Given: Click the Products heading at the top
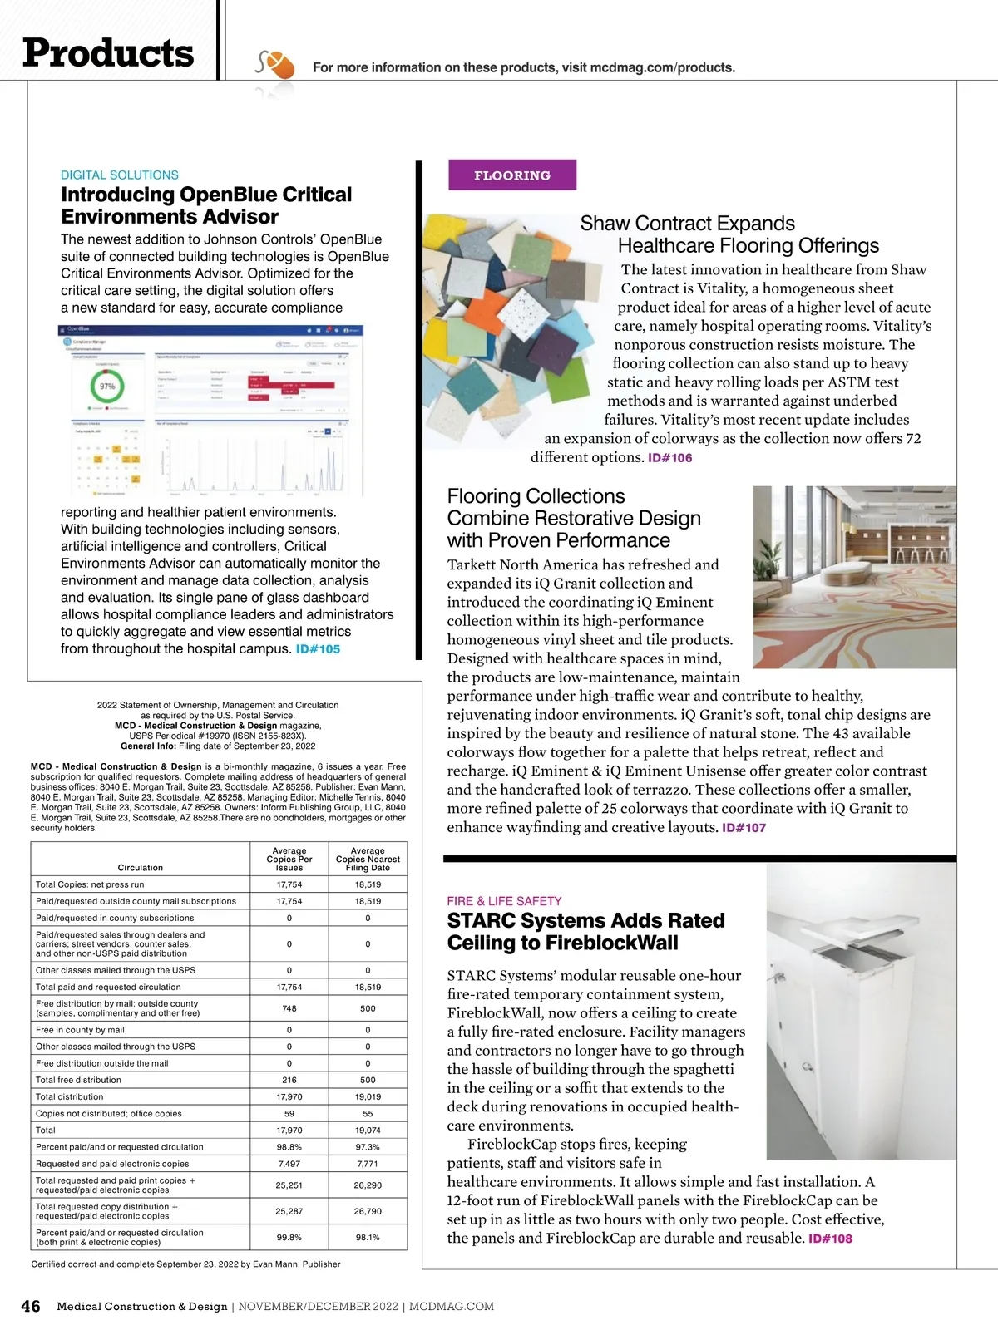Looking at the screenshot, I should click(108, 53).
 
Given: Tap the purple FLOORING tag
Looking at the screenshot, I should click(511, 175).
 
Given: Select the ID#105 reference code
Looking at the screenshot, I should click(318, 649).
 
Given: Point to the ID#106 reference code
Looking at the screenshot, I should click(669, 458).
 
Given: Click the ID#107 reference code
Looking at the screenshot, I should click(744, 828).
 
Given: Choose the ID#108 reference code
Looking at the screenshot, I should click(830, 1239).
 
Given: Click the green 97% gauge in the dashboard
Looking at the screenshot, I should click(107, 387).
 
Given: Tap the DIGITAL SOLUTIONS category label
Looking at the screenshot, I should click(120, 175).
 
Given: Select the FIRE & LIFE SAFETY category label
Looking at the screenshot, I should click(504, 901).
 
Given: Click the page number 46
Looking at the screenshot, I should click(31, 1306).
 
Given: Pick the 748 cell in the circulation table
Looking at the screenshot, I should click(289, 1008).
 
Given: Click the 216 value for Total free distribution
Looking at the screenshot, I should click(289, 1080).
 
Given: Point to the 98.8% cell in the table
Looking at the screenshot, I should click(289, 1147).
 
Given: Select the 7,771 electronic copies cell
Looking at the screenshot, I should click(368, 1164).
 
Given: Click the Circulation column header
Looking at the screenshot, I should click(141, 867).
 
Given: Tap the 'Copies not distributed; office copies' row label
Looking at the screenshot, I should click(109, 1114).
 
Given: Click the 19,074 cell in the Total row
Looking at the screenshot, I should click(368, 1131).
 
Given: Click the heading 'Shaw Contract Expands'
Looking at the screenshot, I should click(687, 224).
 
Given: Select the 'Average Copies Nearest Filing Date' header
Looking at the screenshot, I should click(368, 859).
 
